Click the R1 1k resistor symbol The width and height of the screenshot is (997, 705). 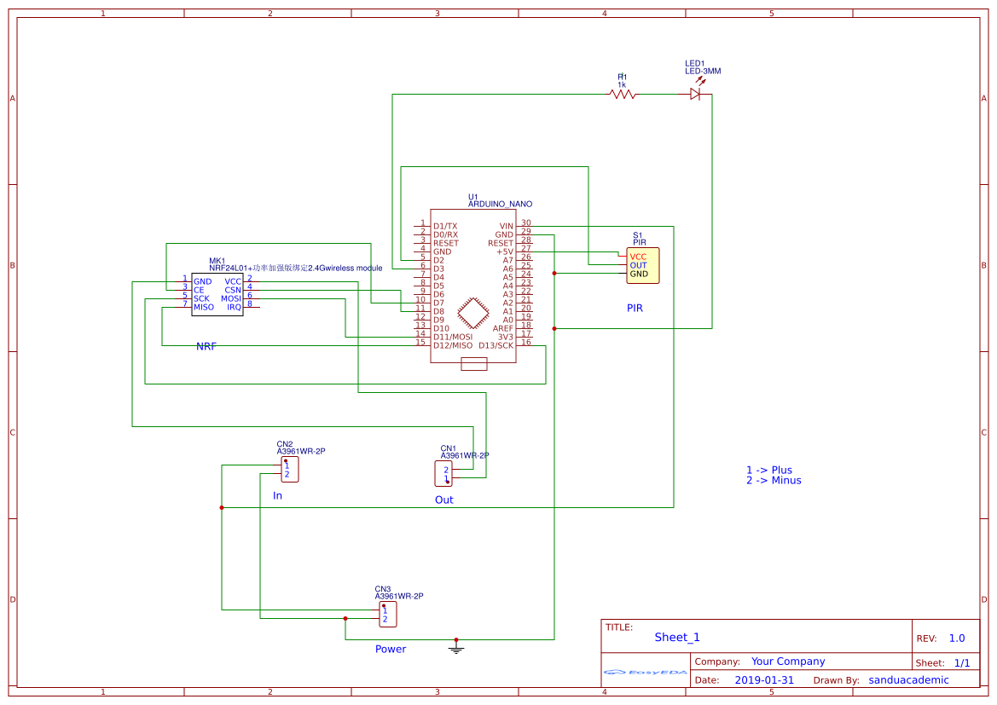623,95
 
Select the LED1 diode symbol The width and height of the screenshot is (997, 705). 696,95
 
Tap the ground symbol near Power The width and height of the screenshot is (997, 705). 456,649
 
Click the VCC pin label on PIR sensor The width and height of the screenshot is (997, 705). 638,257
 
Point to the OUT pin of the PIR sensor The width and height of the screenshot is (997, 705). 638,265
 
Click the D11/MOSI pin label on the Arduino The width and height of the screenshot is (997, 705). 452,337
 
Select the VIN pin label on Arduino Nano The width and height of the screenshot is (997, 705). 507,226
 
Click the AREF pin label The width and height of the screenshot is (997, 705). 503,328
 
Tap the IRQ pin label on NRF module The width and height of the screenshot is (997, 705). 234,307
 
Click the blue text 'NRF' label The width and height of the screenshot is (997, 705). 206,347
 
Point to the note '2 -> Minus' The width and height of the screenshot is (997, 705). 773,481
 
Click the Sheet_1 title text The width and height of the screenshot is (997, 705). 677,637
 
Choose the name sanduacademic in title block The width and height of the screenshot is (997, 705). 908,680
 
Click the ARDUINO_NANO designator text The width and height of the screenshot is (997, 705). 500,205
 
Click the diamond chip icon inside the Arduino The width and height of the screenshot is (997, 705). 472,313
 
